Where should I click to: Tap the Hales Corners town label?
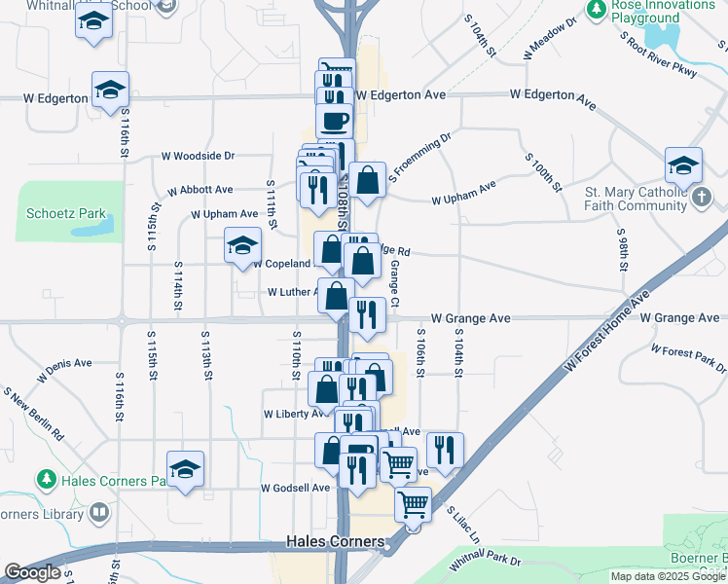(335, 541)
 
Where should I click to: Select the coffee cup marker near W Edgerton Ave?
(336, 123)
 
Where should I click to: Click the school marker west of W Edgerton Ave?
(110, 91)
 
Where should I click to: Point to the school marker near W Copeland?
(241, 245)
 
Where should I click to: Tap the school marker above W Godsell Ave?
(185, 470)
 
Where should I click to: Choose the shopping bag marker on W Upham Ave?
(367, 181)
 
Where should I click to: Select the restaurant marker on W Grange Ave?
(367, 314)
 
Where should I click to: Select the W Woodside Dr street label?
(198, 156)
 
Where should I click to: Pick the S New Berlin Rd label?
(33, 413)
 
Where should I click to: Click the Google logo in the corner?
(31, 572)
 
